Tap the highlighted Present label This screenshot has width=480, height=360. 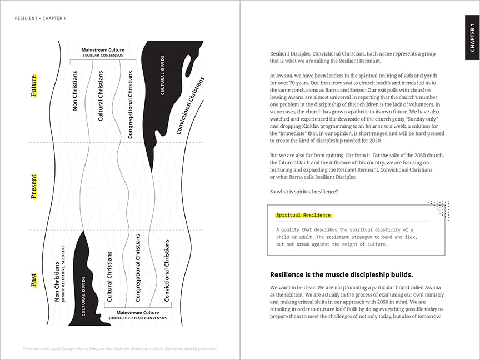click(x=34, y=186)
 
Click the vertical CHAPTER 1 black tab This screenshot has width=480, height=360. click(x=472, y=37)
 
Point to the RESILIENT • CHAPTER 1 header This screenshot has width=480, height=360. click(x=41, y=18)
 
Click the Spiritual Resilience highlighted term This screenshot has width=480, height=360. click(x=303, y=215)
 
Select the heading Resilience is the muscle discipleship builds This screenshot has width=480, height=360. click(x=341, y=274)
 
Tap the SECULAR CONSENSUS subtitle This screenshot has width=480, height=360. click(x=103, y=56)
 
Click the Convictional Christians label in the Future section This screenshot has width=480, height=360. click(x=190, y=106)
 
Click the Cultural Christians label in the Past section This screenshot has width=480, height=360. click(x=109, y=276)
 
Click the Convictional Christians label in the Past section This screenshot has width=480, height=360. click(x=167, y=271)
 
